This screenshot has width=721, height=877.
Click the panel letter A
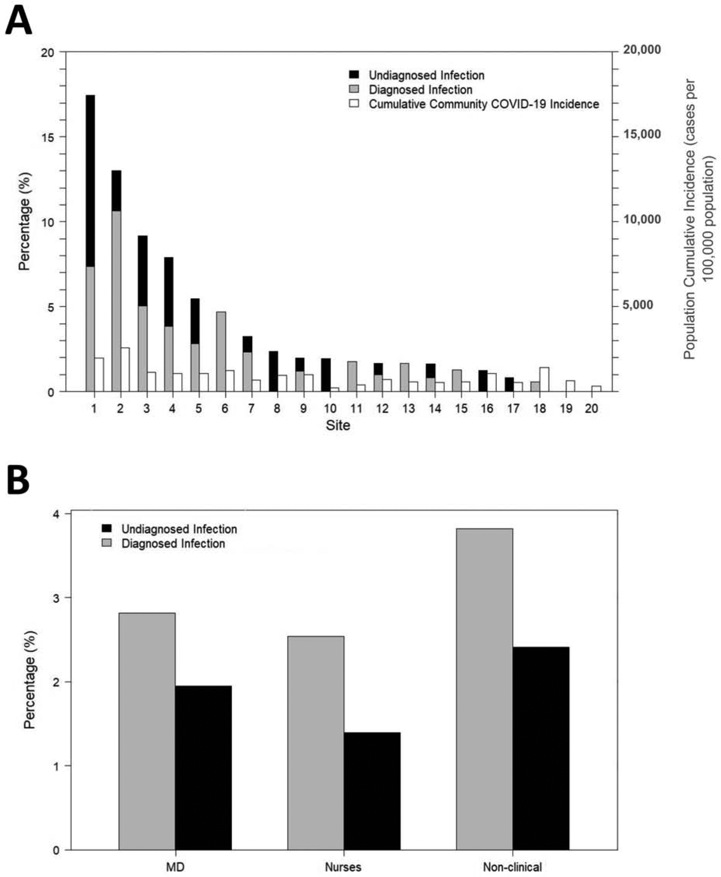[19, 21]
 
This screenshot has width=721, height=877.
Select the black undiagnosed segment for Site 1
[90, 180]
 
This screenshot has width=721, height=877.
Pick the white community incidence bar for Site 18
[544, 379]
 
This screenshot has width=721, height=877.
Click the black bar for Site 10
[326, 375]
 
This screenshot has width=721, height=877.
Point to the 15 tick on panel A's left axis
[47, 137]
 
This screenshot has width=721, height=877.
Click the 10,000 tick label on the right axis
[642, 220]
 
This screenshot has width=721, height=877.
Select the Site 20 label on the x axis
[591, 408]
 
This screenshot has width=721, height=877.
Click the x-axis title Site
[338, 425]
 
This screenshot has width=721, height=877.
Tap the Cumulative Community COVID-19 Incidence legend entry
[484, 104]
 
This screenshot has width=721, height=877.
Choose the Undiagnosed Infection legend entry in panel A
[426, 75]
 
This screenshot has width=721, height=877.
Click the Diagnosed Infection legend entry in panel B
[173, 544]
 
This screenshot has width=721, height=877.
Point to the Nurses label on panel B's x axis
[343, 866]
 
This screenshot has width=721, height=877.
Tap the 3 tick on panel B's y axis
[56, 598]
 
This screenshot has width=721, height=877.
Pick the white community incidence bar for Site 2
[125, 370]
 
